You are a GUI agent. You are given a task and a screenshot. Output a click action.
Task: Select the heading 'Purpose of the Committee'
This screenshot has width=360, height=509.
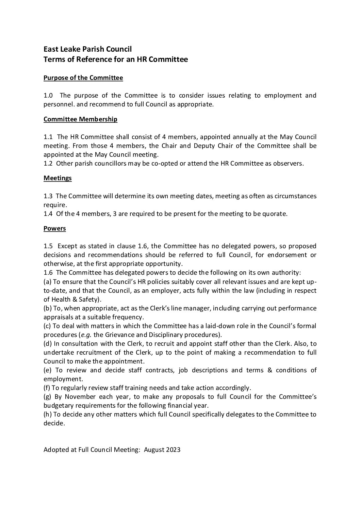pos(83,78)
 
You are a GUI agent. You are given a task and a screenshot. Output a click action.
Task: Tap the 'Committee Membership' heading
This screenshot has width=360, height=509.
pos(80,119)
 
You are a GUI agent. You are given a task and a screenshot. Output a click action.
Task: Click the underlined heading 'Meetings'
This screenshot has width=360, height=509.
pos(58,178)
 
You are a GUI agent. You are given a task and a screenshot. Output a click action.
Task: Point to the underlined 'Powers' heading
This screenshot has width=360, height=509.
pos(54,228)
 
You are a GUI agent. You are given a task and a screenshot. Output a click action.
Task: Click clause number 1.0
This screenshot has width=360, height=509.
pos(48,96)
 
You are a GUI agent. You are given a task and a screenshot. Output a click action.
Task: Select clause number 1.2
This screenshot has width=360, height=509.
pos(48,164)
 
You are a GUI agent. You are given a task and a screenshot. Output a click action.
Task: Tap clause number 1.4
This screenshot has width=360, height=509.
pos(48,214)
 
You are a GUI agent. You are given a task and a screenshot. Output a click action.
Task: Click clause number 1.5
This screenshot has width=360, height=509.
pos(48,246)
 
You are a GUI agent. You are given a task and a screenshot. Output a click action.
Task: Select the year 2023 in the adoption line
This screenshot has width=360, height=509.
pos(173,450)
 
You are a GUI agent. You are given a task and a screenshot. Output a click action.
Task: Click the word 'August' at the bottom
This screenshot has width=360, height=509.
pos(154,450)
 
